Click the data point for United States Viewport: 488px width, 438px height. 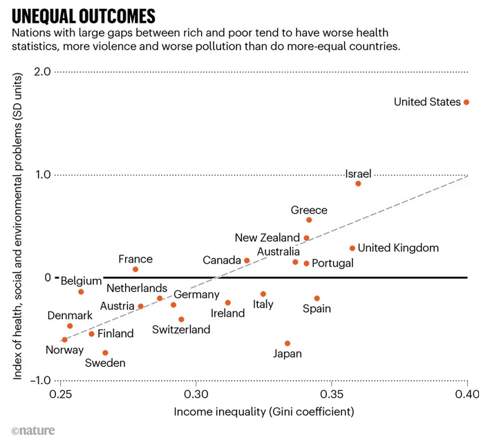467,102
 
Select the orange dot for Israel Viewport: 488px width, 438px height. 358,183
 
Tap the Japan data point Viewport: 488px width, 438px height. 288,343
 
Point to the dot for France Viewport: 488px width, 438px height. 135,269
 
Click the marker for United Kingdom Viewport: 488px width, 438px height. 353,248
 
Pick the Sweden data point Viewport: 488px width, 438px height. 105,352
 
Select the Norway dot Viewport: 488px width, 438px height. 64,340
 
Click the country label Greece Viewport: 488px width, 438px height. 309,210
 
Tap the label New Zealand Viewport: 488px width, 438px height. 267,237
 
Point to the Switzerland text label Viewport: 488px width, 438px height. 182,330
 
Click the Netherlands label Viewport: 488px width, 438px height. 137,288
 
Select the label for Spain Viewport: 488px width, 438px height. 317,309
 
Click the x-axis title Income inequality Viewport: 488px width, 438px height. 265,412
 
